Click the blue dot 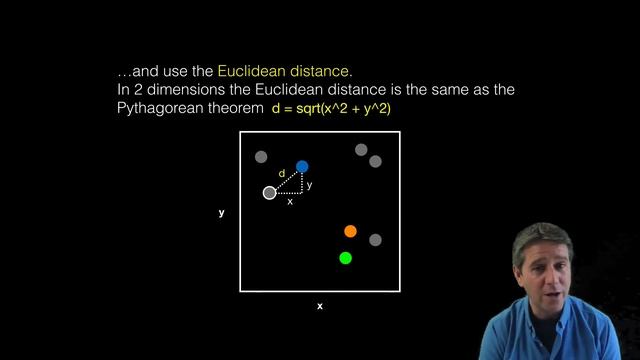(x=302, y=166)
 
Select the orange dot (x=350, y=231)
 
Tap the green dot (x=345, y=258)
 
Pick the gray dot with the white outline (x=269, y=192)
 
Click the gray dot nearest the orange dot (x=375, y=240)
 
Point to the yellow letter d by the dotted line (x=281, y=173)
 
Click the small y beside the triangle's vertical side (x=309, y=185)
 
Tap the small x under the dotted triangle (x=290, y=202)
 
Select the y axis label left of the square (x=221, y=213)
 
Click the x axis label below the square (x=320, y=306)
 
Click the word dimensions (x=185, y=90)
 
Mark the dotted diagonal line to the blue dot (x=287, y=178)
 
